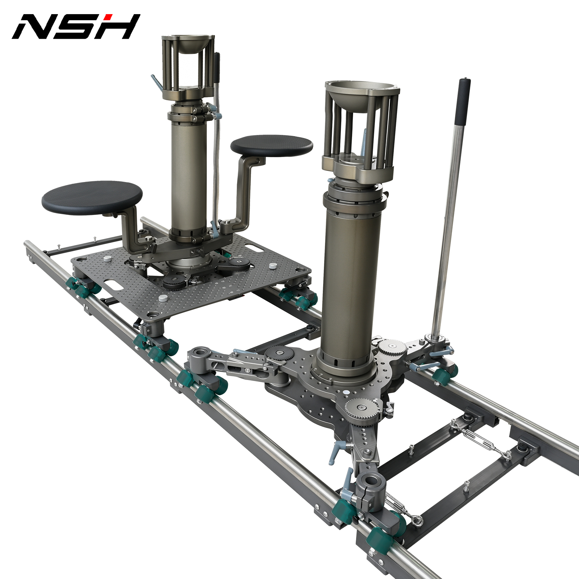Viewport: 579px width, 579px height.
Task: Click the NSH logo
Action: click(x=76, y=26)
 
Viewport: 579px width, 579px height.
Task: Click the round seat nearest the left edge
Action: click(x=92, y=198)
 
